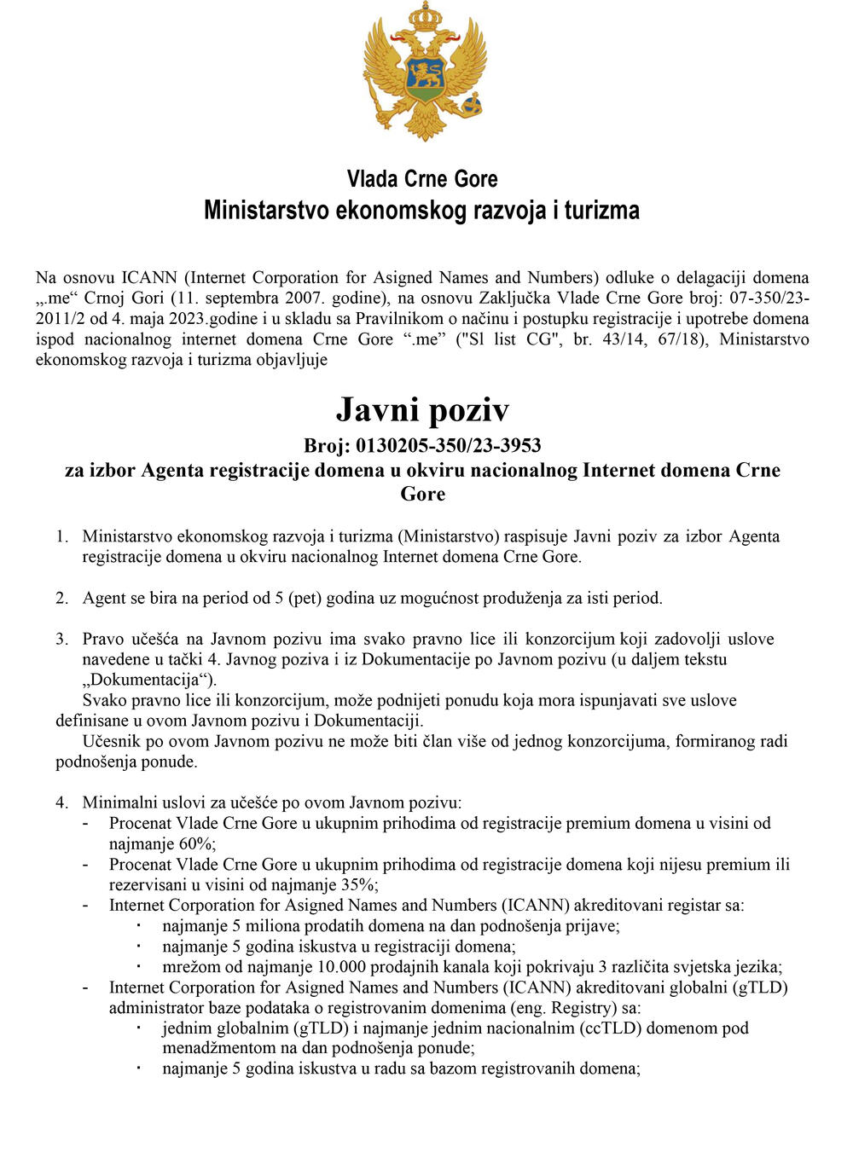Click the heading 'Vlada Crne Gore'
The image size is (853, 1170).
(422, 179)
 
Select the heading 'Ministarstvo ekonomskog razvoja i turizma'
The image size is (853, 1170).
(421, 211)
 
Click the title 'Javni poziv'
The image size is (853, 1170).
(422, 410)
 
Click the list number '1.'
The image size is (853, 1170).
(62, 536)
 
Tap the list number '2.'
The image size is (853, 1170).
(62, 598)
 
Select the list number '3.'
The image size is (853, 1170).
(62, 639)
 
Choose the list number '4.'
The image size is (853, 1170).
(62, 802)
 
